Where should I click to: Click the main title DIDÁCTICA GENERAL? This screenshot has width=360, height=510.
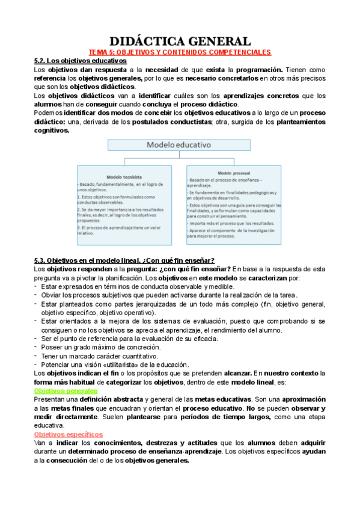180,41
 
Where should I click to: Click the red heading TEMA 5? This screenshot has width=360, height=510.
180,53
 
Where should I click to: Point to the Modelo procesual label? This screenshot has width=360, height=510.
233,173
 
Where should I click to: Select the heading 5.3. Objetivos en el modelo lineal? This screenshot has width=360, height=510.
124,260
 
